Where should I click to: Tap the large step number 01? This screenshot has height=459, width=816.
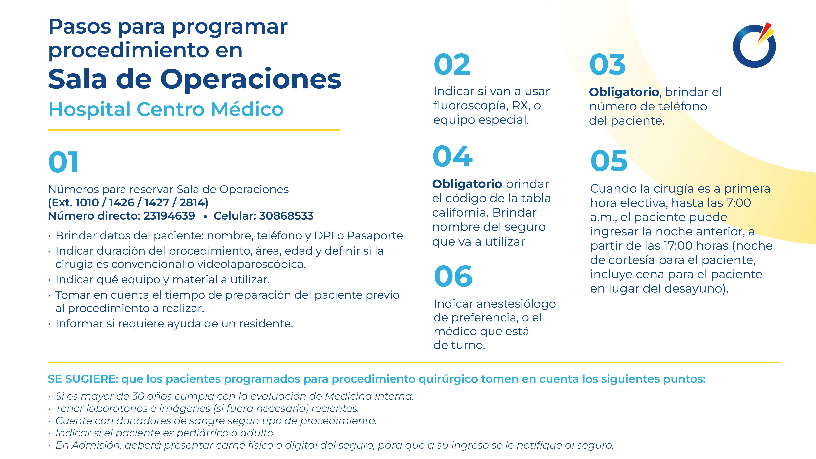tap(63, 162)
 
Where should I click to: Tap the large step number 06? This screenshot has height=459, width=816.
tap(453, 277)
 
